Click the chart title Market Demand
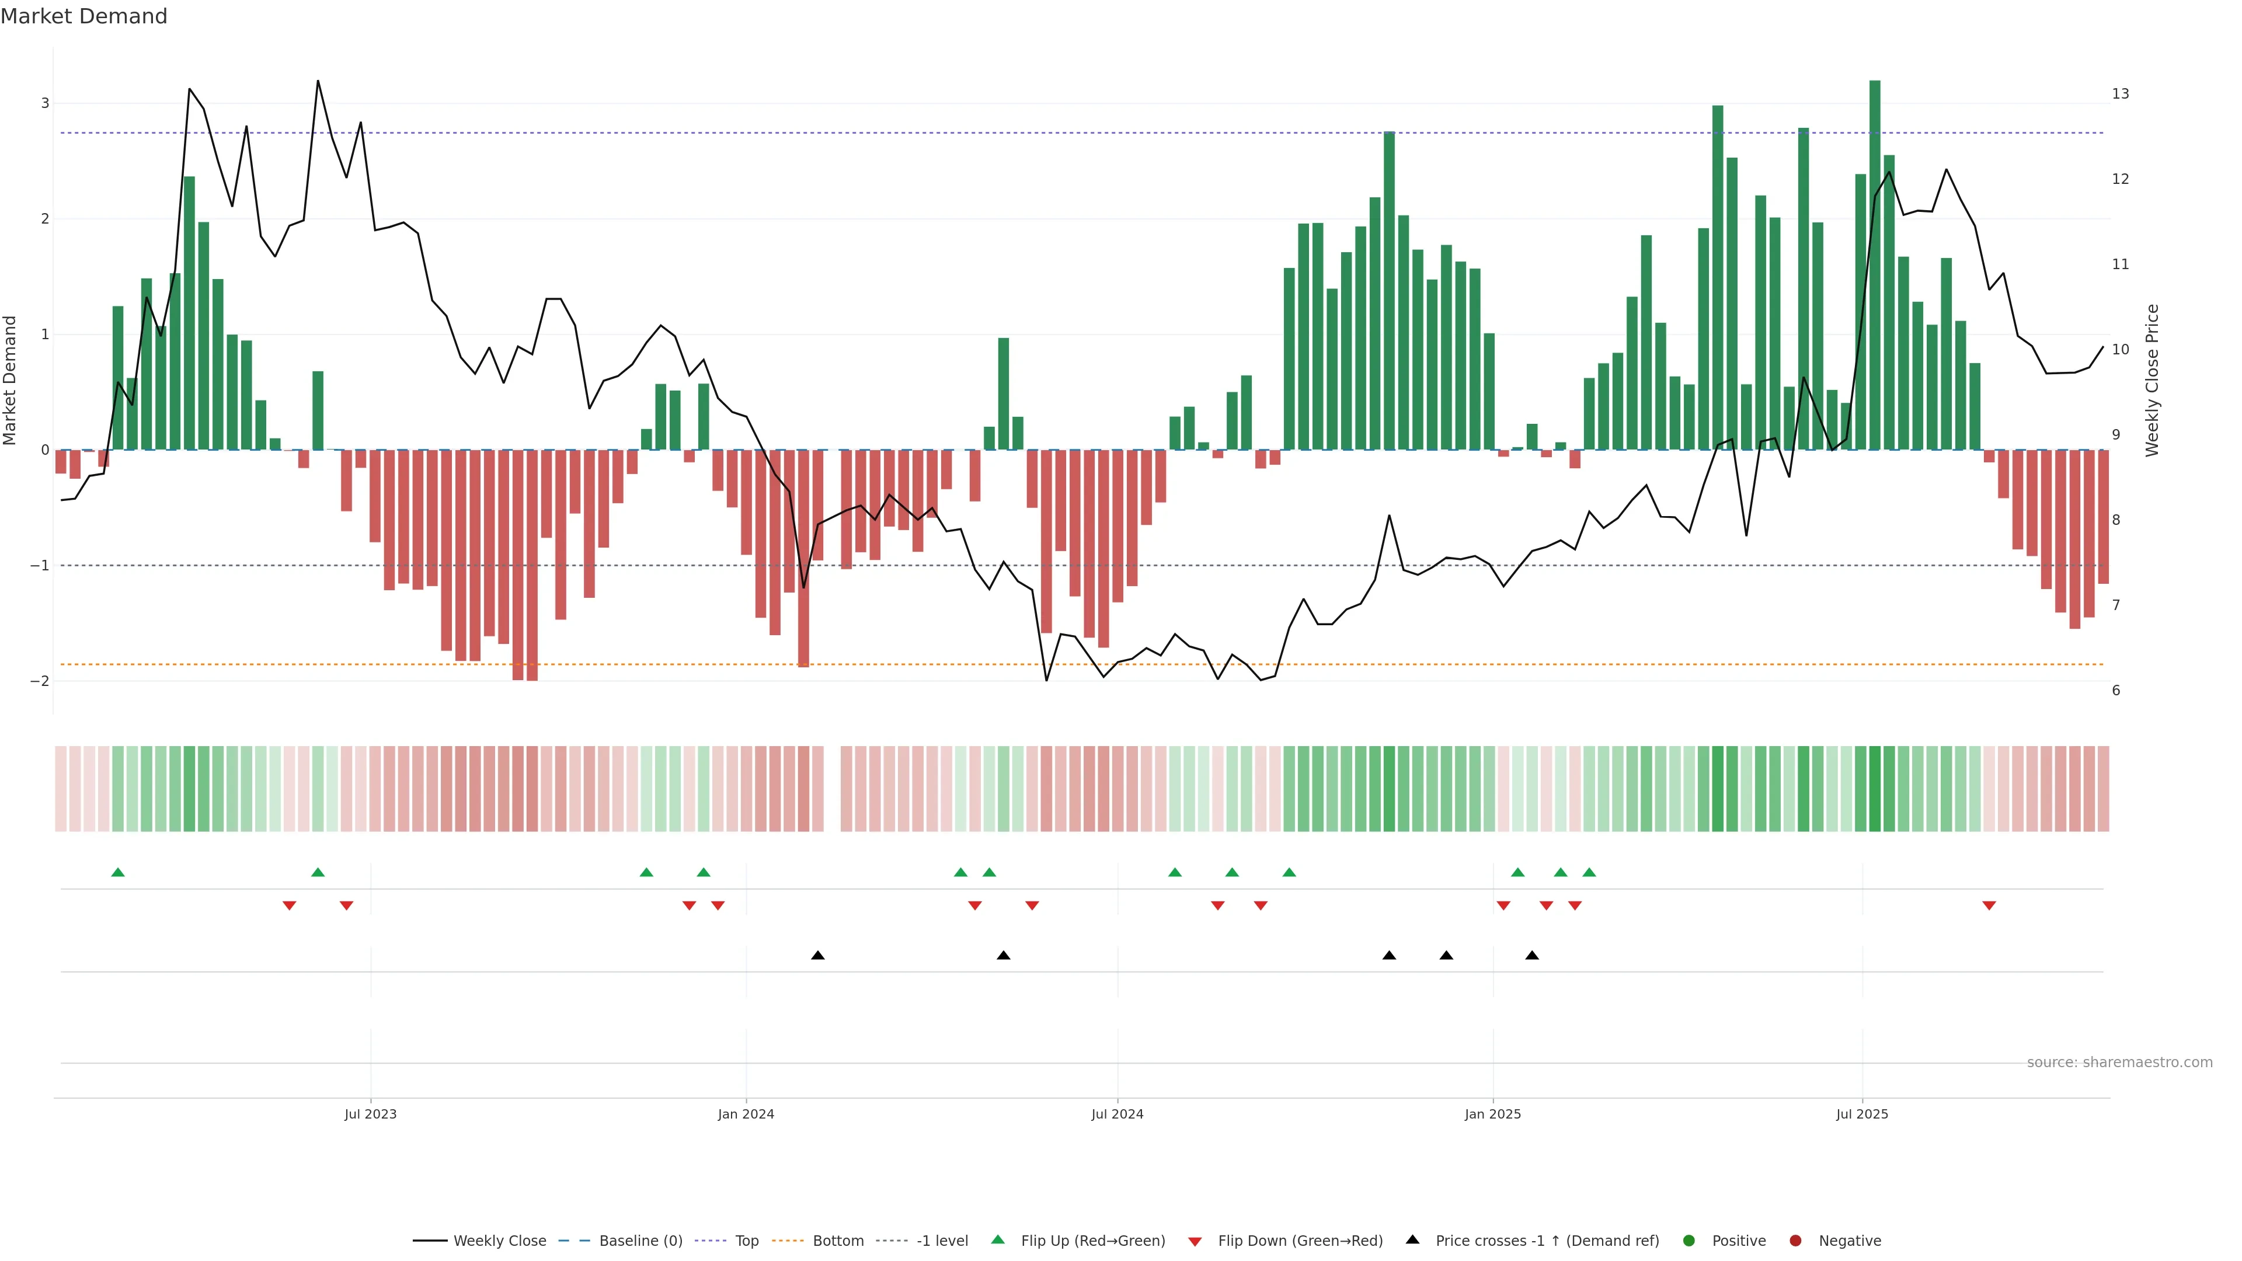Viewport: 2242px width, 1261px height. (x=83, y=16)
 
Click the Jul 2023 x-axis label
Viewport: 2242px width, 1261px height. (x=370, y=1114)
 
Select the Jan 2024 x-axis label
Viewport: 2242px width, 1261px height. (x=746, y=1114)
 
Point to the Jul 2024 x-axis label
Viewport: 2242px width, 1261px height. (x=1117, y=1114)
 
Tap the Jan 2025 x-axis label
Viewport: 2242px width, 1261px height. (x=1493, y=1114)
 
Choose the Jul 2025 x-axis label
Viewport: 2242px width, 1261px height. (x=1862, y=1114)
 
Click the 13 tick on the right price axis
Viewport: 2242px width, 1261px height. (x=2120, y=94)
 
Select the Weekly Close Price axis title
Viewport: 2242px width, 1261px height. (x=2152, y=380)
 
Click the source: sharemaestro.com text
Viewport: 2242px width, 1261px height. (x=2119, y=1063)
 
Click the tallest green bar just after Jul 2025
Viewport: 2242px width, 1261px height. (x=1875, y=261)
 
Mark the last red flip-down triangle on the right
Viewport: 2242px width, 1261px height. (x=1989, y=906)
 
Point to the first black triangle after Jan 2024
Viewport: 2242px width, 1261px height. (x=817, y=956)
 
